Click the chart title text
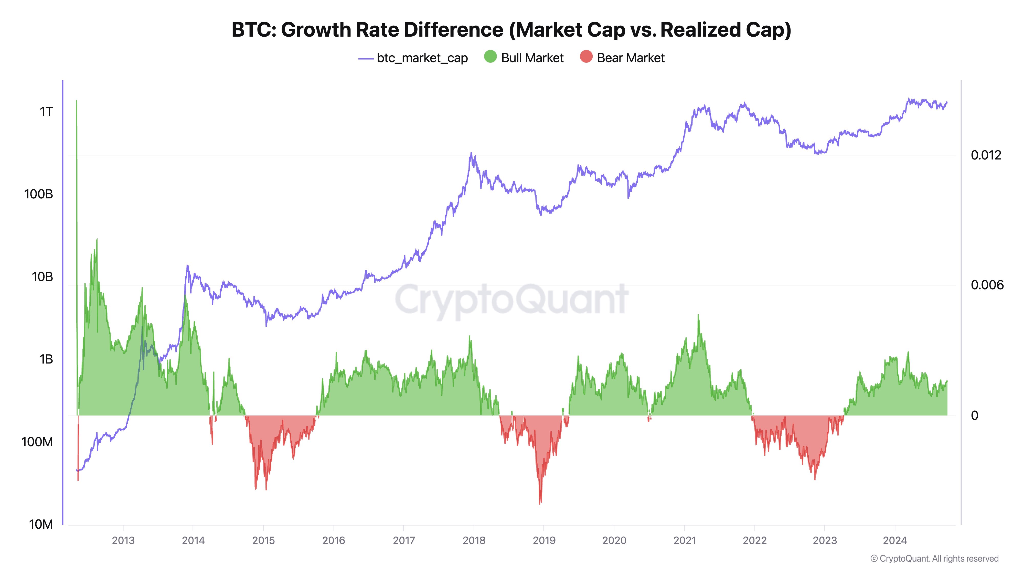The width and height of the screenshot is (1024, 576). tap(511, 30)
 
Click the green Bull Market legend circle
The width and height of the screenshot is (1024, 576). tap(490, 57)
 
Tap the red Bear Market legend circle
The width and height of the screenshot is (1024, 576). tap(586, 57)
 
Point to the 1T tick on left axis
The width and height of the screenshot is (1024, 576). tap(46, 112)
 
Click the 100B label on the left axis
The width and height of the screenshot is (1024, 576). tap(39, 194)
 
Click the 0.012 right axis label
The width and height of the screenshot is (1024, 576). tap(986, 155)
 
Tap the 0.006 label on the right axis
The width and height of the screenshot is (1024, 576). tap(987, 285)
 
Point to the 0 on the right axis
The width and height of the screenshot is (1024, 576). tap(974, 415)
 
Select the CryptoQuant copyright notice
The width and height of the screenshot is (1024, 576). tap(934, 559)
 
